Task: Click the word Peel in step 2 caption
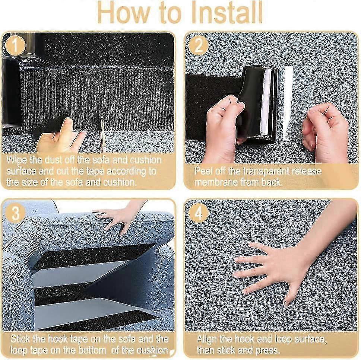[x=203, y=171]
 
